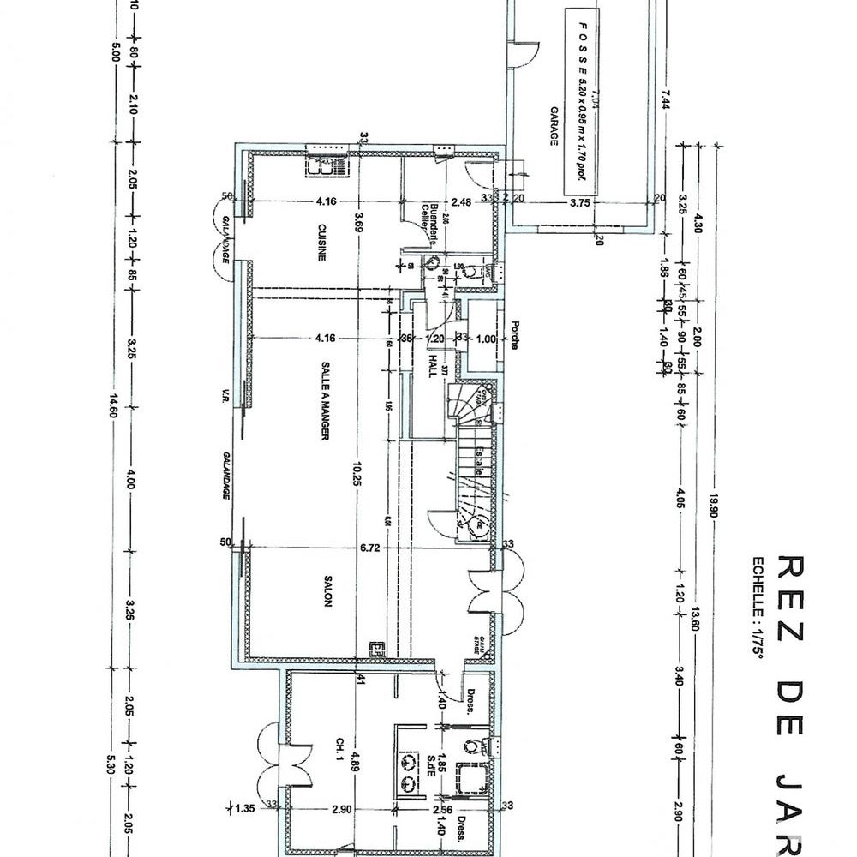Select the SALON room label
[327, 590]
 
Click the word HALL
[433, 366]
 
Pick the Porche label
[514, 336]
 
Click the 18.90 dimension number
[711, 506]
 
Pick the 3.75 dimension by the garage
[581, 203]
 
